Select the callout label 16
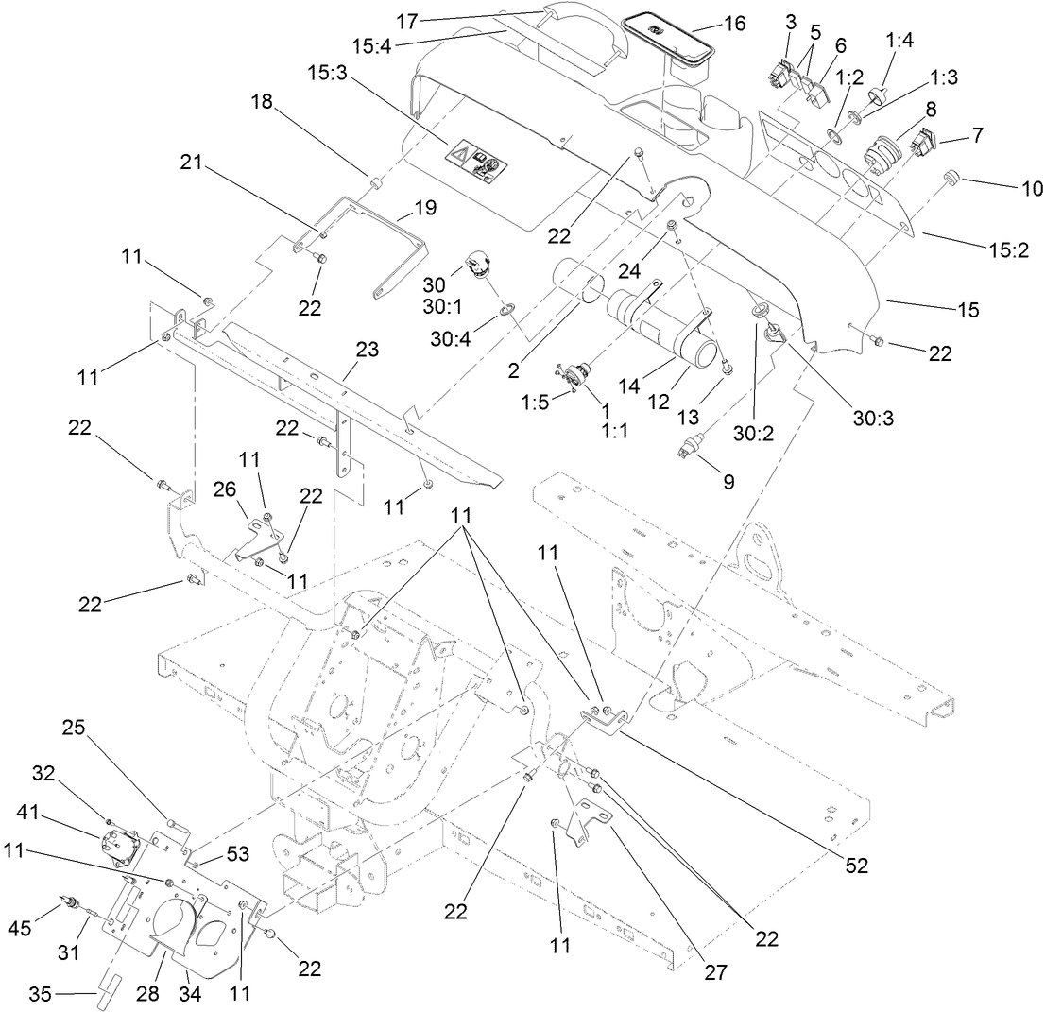(733, 23)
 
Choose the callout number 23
(367, 350)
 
